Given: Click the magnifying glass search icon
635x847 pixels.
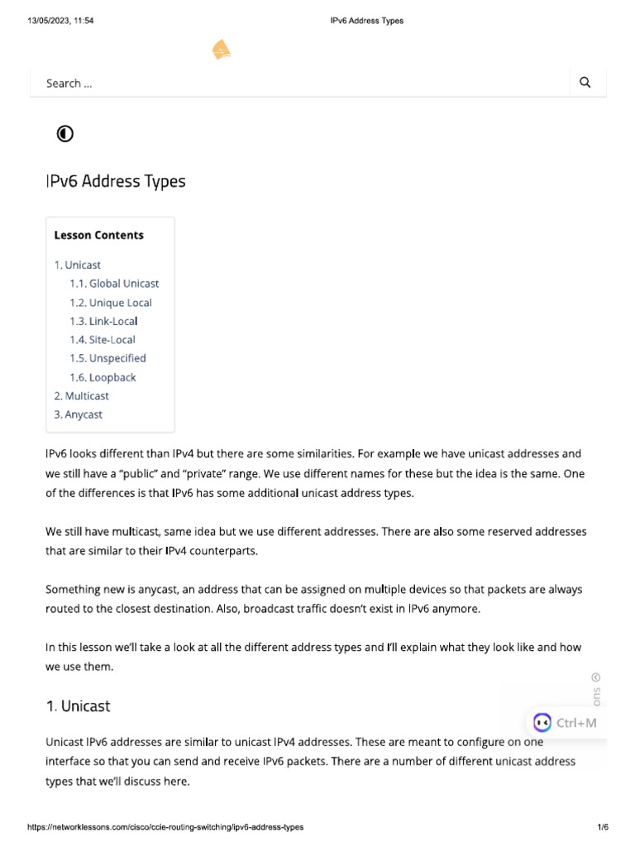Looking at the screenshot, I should [x=585, y=82].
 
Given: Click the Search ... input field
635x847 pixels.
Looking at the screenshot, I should [x=298, y=83].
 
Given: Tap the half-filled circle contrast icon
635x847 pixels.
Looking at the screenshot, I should [x=64, y=133].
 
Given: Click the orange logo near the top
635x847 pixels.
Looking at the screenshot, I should [x=222, y=51].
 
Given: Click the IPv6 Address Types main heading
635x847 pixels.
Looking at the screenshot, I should [x=116, y=181].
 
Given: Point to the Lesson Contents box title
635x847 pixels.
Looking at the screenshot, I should [x=98, y=235].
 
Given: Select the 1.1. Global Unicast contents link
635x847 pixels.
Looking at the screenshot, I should [x=114, y=284].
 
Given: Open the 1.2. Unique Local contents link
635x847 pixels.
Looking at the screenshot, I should [x=111, y=303].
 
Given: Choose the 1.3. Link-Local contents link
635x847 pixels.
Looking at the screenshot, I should [x=103, y=321].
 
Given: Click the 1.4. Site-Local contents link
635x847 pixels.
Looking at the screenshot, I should [x=103, y=340].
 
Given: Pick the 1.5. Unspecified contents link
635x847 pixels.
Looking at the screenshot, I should [x=107, y=358].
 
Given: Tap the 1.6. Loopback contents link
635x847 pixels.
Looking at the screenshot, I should [x=103, y=377].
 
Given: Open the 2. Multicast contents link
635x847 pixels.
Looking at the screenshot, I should [x=82, y=396].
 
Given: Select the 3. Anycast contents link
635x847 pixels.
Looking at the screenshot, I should [x=79, y=414].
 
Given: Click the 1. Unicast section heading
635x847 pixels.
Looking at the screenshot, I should [x=78, y=706].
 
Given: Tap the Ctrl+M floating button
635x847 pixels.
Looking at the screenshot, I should [x=566, y=723].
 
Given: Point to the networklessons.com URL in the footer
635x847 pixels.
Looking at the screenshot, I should [x=165, y=827].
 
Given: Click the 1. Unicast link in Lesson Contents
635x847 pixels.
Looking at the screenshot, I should [x=78, y=265].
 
